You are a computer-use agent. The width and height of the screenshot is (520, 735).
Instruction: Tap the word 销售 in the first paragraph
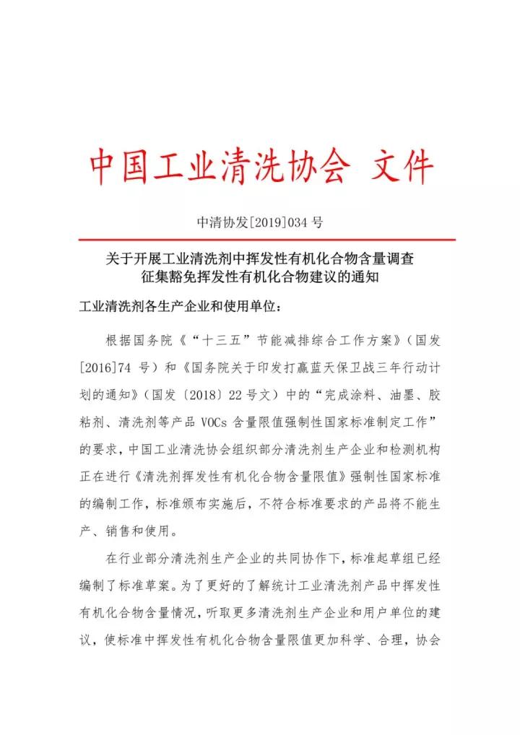tap(123, 531)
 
